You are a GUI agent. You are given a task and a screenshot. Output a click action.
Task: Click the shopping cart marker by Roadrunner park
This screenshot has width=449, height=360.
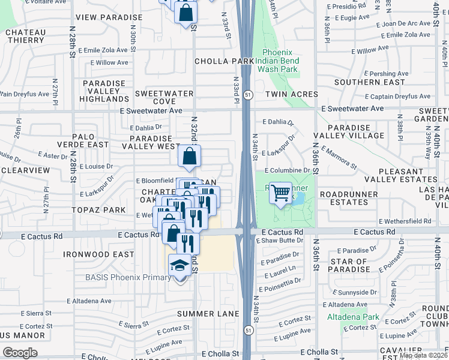pyautogui.click(x=280, y=193)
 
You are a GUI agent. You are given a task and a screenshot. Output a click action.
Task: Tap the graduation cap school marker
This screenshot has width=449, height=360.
pyautogui.click(x=179, y=266)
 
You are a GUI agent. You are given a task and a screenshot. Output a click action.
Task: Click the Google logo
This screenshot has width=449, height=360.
pyautogui.click(x=20, y=353)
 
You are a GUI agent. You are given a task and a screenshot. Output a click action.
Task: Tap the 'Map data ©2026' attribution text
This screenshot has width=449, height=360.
pyautogui.click(x=424, y=355)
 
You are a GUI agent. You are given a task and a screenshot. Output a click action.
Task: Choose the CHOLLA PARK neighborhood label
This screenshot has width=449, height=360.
pyautogui.click(x=224, y=61)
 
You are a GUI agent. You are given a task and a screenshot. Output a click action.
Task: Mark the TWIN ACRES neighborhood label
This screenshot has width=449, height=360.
pyautogui.click(x=288, y=94)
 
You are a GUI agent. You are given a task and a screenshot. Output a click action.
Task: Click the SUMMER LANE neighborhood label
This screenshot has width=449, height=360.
pyautogui.click(x=208, y=314)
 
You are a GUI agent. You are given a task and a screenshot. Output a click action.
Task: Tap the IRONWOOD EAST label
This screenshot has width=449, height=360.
pyautogui.click(x=99, y=254)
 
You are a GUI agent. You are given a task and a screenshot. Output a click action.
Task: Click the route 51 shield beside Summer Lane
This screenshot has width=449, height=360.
pyautogui.click(x=248, y=329)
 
